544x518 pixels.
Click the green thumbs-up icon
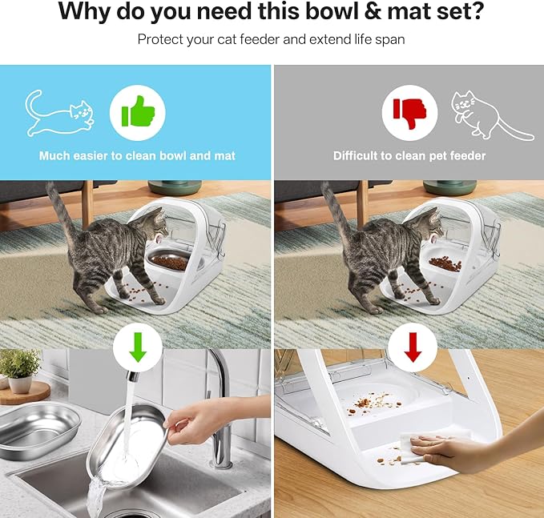[x=138, y=111]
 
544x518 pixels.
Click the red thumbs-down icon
[x=409, y=113]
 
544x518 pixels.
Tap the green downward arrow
[x=138, y=347]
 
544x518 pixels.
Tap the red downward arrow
[x=413, y=347]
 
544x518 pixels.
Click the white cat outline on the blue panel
[x=59, y=114]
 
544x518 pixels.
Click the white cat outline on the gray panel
[x=491, y=115]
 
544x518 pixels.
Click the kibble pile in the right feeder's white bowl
[x=445, y=264]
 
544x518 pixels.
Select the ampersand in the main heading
[x=373, y=11]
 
